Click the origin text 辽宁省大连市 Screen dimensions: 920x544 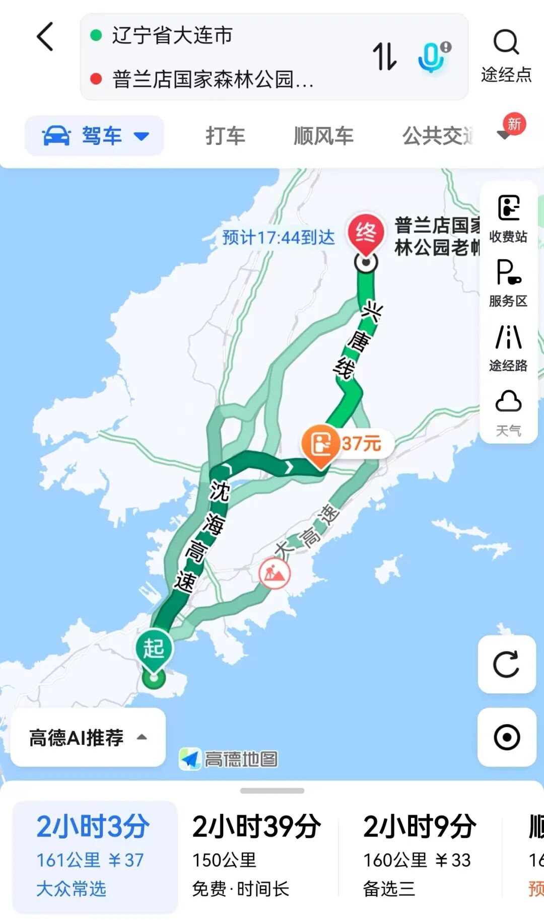tap(172, 35)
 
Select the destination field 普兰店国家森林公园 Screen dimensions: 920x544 tap(212, 79)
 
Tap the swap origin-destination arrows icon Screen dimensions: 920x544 tap(384, 56)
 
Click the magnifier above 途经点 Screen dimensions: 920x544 tap(506, 42)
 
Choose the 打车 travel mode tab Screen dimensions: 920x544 tap(225, 136)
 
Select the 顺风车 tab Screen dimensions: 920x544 tap(323, 136)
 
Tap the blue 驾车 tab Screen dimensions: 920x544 tap(95, 136)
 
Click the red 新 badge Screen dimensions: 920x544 tap(514, 124)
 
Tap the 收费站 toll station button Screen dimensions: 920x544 tap(508, 218)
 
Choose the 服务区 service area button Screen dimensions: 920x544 tap(508, 282)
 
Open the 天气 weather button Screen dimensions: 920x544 tap(508, 411)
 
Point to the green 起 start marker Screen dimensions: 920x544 tap(154, 649)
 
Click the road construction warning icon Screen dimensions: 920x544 tap(275, 573)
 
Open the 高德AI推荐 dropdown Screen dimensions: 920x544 tap(88, 738)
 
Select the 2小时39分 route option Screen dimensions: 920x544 tap(257, 856)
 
